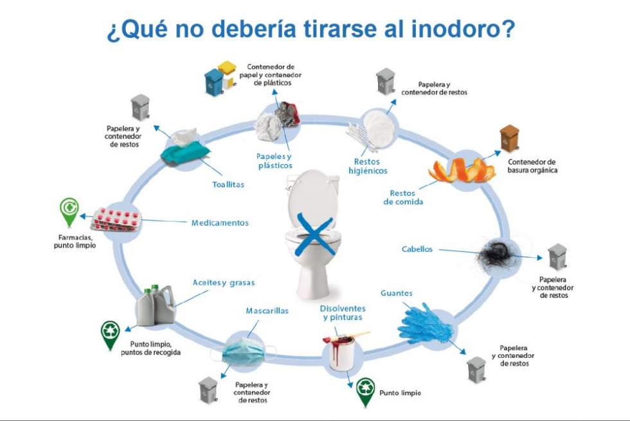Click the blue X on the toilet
coord(314,236)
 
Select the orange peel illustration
coord(463,169)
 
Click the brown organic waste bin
coord(510,138)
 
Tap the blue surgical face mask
coord(245,350)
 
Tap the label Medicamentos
coord(220,223)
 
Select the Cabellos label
coord(417,249)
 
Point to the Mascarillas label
coord(267,310)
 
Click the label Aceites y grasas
coord(224,283)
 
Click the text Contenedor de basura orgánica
coord(532,166)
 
